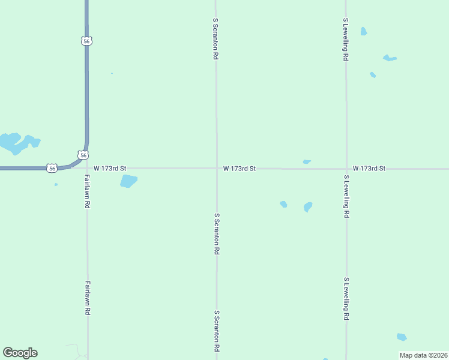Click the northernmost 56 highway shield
coord(88,41)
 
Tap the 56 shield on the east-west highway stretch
coord(53,169)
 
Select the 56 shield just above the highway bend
coord(83,155)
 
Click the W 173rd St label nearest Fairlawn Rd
coord(110,169)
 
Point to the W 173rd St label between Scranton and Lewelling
coord(240,169)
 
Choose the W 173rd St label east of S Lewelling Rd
coord(369,169)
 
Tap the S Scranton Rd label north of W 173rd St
coord(215,38)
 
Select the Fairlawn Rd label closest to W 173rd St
coord(87,191)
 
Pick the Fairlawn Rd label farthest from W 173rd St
coord(87,298)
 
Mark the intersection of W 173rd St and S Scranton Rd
coord(217,169)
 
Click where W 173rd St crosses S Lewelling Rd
coord(346,169)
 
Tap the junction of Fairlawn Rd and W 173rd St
coord(88,169)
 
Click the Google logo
coord(20,353)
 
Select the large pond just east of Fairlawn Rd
coord(128,181)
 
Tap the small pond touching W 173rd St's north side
coord(307,161)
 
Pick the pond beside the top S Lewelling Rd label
coord(363,31)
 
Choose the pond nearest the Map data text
coord(402,337)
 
